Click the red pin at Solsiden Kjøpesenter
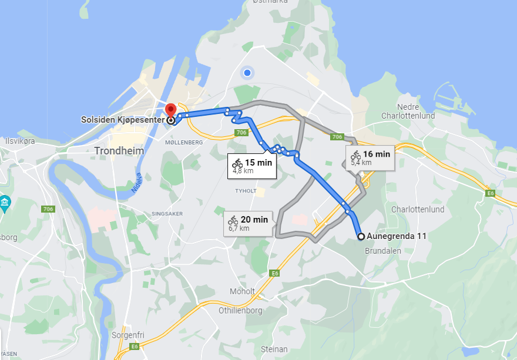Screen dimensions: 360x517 (x=170, y=110)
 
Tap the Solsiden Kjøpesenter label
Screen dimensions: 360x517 (x=122, y=120)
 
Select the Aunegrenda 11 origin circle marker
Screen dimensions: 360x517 (x=361, y=237)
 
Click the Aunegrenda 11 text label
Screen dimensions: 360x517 (x=397, y=237)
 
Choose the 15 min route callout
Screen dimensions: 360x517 (x=252, y=165)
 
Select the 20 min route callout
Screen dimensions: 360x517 (x=248, y=223)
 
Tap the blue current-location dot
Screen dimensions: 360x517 (x=247, y=73)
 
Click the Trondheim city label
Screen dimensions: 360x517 (x=119, y=151)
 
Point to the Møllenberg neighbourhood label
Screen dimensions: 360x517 (x=183, y=142)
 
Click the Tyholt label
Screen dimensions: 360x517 (x=246, y=191)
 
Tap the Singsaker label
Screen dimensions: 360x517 (x=167, y=213)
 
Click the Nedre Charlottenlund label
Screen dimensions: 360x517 (x=408, y=112)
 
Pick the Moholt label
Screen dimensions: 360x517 (x=243, y=291)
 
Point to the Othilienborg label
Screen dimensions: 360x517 (x=240, y=309)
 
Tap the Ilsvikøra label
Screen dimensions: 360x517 (x=20, y=141)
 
